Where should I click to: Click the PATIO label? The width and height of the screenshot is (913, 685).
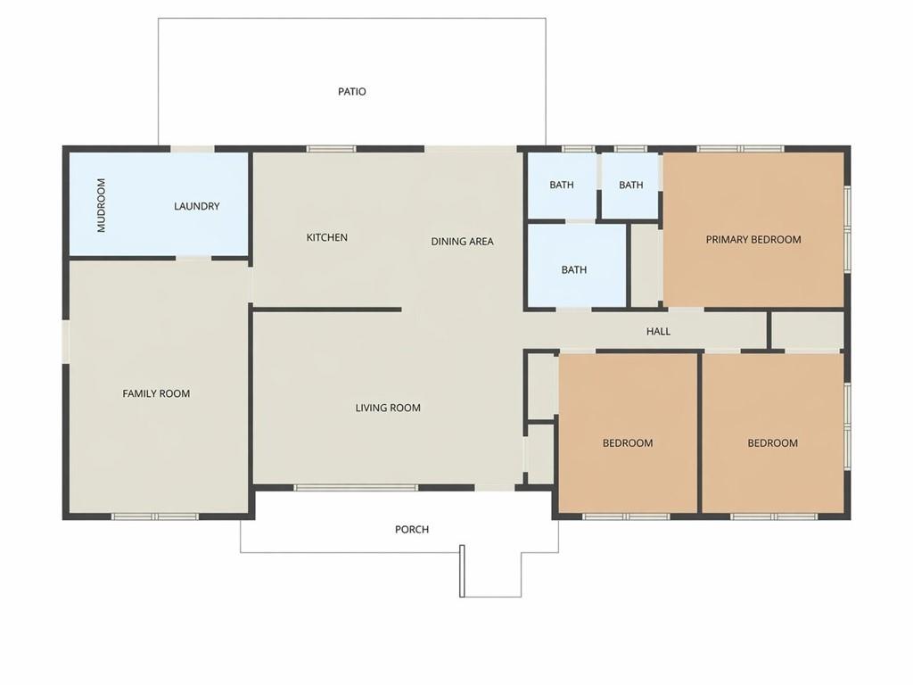pos(351,92)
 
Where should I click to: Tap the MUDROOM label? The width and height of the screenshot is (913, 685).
pos(102,205)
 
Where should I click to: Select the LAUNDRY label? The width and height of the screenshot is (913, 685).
pos(197,206)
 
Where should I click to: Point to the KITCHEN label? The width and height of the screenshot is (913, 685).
pos(326,237)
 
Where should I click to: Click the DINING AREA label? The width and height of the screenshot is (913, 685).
pos(463,241)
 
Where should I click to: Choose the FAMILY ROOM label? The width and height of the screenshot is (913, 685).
pos(156,393)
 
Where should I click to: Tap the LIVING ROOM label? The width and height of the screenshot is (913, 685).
pos(388,408)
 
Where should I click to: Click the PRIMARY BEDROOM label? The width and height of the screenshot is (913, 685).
pos(753,239)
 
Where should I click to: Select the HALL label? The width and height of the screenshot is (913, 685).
pos(658,332)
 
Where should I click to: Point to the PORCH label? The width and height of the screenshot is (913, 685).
pos(412,530)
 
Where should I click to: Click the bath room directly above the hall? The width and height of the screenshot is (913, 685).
pos(577,266)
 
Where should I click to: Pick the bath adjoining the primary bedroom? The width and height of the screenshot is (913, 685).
pos(630,186)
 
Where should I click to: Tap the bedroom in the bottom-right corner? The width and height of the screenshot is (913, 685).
pos(773,433)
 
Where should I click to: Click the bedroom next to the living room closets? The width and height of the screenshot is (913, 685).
pos(628,433)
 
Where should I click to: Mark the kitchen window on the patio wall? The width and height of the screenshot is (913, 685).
pos(332,149)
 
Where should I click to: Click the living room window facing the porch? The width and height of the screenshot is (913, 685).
pos(356,488)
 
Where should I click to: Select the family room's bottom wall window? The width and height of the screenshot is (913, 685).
pos(155,516)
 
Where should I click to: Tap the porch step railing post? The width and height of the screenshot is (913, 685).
pos(463,571)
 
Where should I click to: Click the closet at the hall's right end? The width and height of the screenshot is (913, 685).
pos(807,330)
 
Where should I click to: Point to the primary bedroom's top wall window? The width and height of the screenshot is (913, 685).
pos(741,149)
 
